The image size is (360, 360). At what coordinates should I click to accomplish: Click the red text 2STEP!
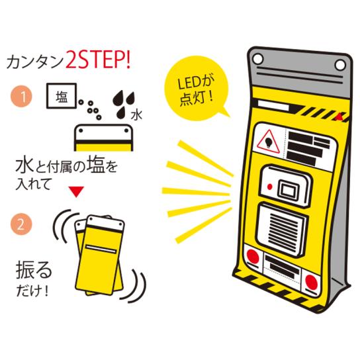(x=98, y=61)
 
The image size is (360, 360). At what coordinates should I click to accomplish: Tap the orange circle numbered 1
(x=22, y=97)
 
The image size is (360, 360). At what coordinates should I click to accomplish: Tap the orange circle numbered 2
(x=21, y=224)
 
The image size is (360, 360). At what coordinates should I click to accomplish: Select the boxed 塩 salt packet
(x=62, y=96)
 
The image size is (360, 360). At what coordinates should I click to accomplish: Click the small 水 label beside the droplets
(x=136, y=115)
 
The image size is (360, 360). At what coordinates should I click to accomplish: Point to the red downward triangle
(x=77, y=192)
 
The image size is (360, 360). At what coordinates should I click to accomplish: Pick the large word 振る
(x=34, y=270)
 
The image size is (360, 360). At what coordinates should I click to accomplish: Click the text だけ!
(x=32, y=291)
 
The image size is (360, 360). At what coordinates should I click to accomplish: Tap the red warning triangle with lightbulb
(x=268, y=142)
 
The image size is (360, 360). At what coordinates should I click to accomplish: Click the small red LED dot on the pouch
(x=270, y=187)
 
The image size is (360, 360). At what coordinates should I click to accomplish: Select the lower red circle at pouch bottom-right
(x=311, y=282)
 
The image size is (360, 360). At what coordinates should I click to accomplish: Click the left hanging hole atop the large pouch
(x=258, y=59)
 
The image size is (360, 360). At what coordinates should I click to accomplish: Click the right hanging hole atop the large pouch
(x=340, y=65)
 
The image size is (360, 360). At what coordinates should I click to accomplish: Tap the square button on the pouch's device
(x=288, y=190)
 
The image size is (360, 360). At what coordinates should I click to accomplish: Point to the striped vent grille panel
(x=282, y=230)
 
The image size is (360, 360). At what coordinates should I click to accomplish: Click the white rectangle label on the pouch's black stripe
(x=273, y=107)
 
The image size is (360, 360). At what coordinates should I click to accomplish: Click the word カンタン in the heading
(x=35, y=62)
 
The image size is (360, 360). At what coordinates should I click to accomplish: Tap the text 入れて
(x=33, y=184)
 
